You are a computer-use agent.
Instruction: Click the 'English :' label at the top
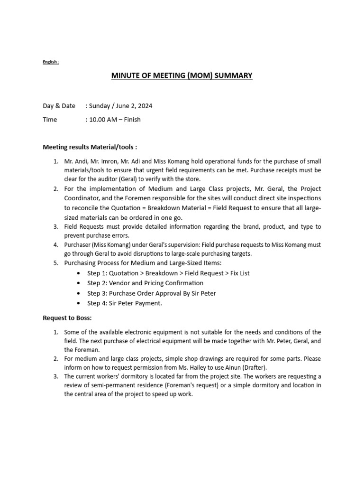pos(51,62)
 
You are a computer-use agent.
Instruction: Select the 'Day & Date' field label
pos(59,106)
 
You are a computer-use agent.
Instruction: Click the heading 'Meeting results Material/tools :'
pos(90,147)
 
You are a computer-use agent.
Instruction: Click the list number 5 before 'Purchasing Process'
pos(55,262)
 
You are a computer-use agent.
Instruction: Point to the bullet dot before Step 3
pos(78,293)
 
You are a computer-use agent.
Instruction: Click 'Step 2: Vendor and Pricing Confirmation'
pos(145,283)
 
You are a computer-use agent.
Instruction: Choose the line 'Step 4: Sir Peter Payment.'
pos(125,303)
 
